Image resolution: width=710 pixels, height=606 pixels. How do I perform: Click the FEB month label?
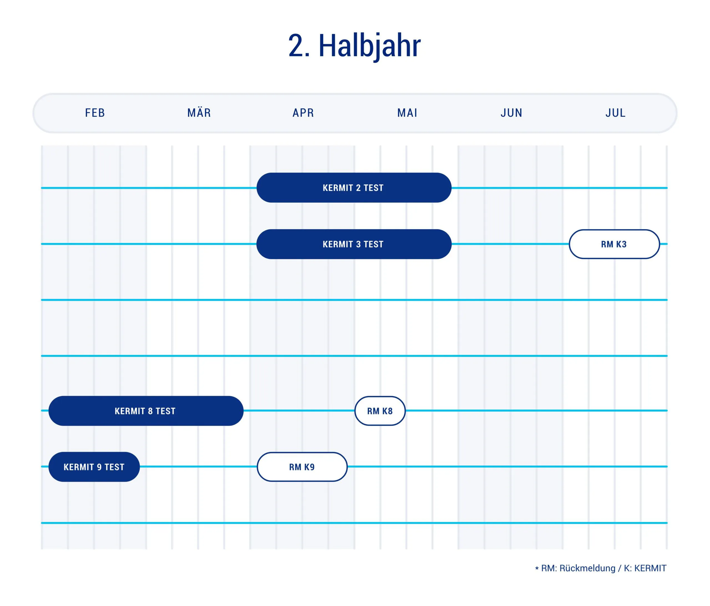coord(95,113)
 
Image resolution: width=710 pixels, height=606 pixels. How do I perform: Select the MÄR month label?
coord(199,113)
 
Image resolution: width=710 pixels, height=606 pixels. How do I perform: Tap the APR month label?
coord(303,113)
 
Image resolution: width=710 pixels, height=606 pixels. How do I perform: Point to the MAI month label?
coord(407,113)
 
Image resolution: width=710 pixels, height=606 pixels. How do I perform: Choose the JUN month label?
coord(512,113)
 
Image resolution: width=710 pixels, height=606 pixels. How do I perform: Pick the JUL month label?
coord(616,113)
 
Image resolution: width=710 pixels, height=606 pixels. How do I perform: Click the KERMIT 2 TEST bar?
coord(354,188)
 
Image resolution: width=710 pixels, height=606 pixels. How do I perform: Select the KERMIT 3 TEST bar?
coord(354,244)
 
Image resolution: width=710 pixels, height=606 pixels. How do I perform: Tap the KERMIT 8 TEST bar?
coord(146,411)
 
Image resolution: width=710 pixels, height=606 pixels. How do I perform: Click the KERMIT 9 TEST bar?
coord(94,467)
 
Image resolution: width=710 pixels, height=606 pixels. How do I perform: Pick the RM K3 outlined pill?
coord(614,244)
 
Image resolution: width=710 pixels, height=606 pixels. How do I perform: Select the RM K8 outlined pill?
coord(380,411)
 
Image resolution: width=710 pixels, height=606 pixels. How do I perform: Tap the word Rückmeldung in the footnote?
coord(587,568)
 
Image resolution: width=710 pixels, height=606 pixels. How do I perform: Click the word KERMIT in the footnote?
coord(650,568)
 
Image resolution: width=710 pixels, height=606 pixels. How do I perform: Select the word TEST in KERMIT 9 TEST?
coord(115,467)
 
